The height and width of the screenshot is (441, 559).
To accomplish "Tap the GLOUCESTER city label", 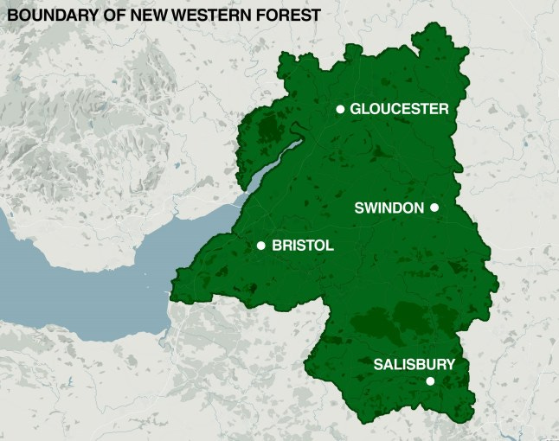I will (x=399, y=109).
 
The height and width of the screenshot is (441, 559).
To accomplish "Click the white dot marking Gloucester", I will (x=340, y=109).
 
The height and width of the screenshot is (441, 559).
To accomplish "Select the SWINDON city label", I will (x=389, y=208).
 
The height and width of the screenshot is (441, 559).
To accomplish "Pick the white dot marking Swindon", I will (x=434, y=208).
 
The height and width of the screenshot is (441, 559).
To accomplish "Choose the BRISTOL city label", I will (x=302, y=246).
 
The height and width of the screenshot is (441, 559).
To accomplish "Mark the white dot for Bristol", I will (x=260, y=246).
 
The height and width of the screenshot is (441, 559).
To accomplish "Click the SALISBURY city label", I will (x=414, y=364).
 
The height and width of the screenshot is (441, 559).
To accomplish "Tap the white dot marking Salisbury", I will (x=430, y=381).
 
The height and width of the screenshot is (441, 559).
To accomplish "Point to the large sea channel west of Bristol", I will (x=95, y=277).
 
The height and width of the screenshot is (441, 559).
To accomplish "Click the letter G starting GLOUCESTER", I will (x=356, y=109).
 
